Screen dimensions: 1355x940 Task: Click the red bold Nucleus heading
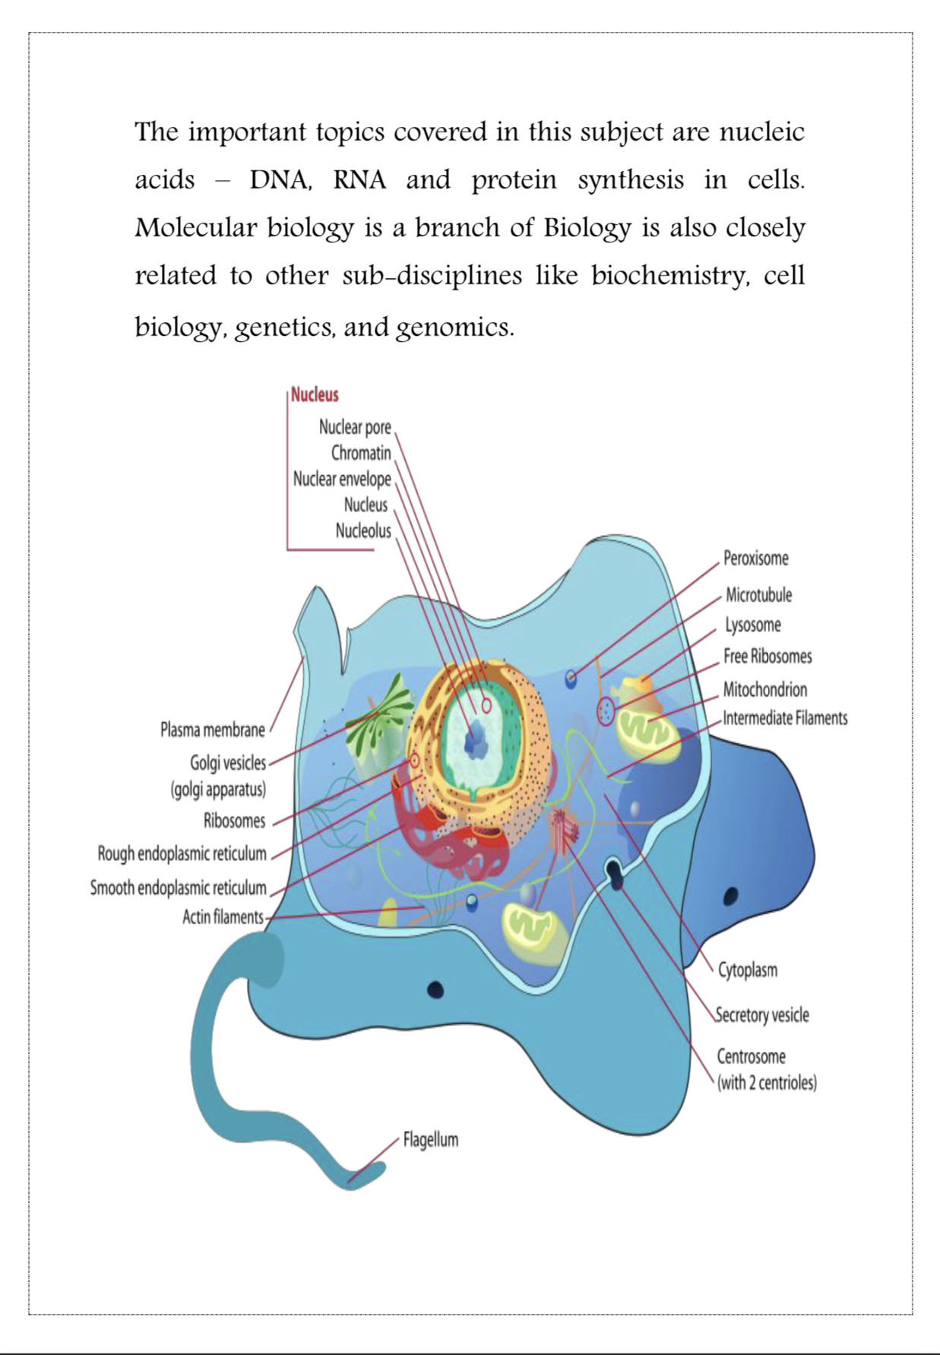coord(315,394)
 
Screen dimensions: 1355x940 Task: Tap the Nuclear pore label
coord(355,427)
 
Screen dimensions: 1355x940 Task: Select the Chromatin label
coord(361,453)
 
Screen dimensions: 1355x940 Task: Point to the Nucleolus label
coord(363,530)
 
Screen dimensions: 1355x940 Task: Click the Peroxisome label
coord(755,559)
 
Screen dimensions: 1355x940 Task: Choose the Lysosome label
coord(752,625)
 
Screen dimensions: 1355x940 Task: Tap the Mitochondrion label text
coord(764,689)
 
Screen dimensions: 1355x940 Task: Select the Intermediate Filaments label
coord(784,718)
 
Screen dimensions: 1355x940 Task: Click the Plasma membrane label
coord(213,730)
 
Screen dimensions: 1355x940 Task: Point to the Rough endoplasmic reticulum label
coord(182,853)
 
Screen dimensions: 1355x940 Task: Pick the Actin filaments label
coord(223,917)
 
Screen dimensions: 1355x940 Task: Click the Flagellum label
coord(431,1140)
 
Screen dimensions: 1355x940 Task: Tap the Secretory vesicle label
coord(763,1015)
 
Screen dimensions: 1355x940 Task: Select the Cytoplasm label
coord(748,970)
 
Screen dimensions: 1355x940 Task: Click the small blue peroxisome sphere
coord(571,676)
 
